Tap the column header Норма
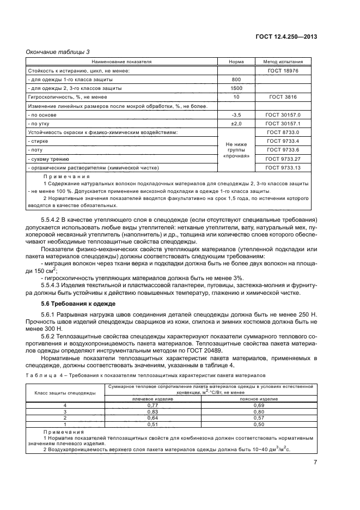coord(236,62)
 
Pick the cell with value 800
coord(236,80)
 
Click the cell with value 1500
coord(236,88)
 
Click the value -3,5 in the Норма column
coord(236,115)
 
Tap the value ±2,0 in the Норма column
coord(236,124)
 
